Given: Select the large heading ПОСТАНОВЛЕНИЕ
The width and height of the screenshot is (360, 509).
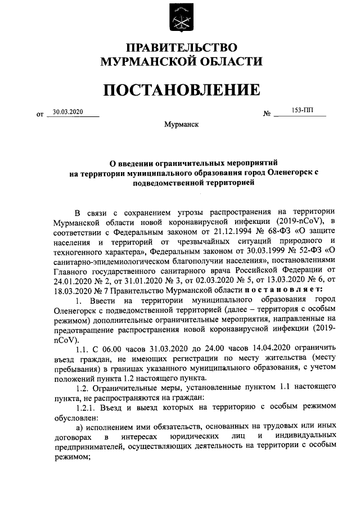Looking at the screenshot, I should coord(181,90).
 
